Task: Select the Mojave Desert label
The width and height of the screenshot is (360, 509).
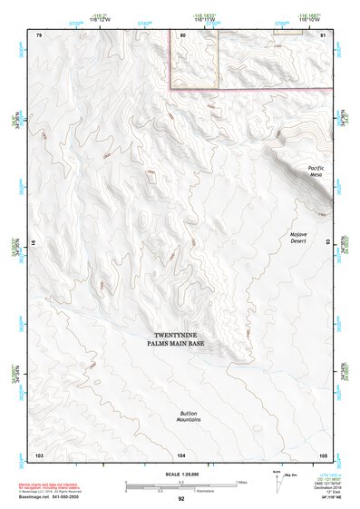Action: click(x=299, y=238)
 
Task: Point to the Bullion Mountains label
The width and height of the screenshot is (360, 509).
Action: click(x=189, y=417)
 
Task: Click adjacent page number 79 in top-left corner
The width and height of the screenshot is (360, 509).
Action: click(x=39, y=34)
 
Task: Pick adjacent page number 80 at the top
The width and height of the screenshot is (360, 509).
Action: click(x=184, y=34)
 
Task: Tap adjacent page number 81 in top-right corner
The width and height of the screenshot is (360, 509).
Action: click(x=323, y=34)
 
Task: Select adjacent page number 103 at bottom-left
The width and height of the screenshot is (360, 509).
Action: click(x=39, y=454)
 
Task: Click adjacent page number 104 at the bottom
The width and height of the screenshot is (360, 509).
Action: click(x=182, y=454)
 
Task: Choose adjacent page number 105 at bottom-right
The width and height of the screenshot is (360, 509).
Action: click(x=322, y=454)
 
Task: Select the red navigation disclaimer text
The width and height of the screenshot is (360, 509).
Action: click(x=50, y=487)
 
